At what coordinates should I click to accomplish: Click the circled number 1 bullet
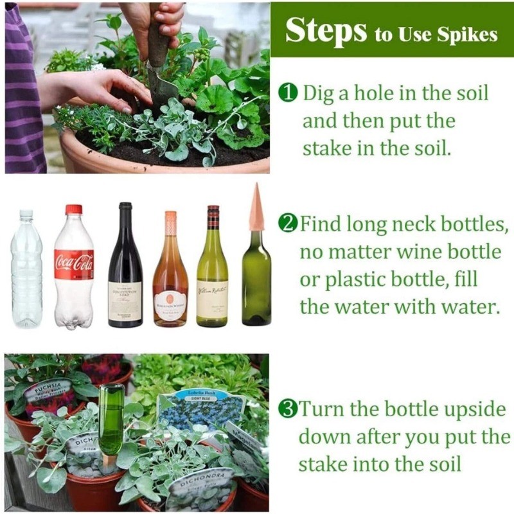(x=288, y=94)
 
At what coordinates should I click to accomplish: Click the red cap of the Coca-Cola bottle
(x=74, y=209)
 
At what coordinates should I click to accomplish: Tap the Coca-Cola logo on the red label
(x=74, y=262)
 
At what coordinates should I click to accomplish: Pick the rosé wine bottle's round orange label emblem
(x=170, y=299)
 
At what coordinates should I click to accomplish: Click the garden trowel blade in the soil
(x=161, y=90)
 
